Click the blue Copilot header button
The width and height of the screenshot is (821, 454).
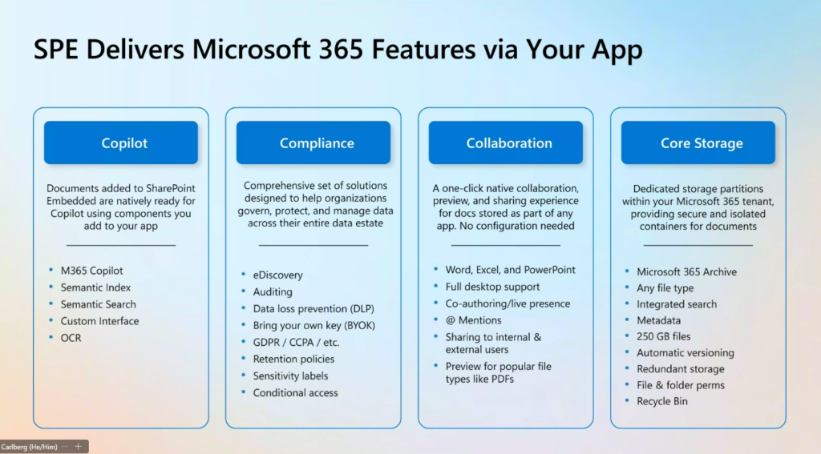click(121, 143)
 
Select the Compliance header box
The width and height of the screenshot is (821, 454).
click(313, 143)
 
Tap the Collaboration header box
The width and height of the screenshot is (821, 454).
click(506, 143)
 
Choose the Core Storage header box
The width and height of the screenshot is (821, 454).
click(698, 143)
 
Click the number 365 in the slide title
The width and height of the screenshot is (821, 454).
click(341, 49)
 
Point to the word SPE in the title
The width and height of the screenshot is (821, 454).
click(56, 49)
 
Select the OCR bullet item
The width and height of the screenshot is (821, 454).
click(71, 338)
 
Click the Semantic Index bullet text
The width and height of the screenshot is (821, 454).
click(96, 287)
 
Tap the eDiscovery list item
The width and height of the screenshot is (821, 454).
click(277, 275)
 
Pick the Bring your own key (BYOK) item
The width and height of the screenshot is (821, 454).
click(314, 325)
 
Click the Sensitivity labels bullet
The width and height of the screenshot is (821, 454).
click(290, 376)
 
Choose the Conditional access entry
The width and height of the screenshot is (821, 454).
click(295, 393)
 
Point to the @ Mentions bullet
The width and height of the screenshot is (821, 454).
click(473, 320)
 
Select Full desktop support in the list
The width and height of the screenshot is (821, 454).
click(493, 287)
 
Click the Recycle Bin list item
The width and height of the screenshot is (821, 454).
click(661, 401)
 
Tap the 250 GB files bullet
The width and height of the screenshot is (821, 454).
click(663, 336)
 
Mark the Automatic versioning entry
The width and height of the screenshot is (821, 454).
click(686, 352)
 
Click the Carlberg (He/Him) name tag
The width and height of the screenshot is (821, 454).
click(29, 447)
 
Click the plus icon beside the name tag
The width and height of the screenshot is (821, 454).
click(78, 446)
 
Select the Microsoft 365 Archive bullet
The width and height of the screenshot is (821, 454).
click(686, 271)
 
